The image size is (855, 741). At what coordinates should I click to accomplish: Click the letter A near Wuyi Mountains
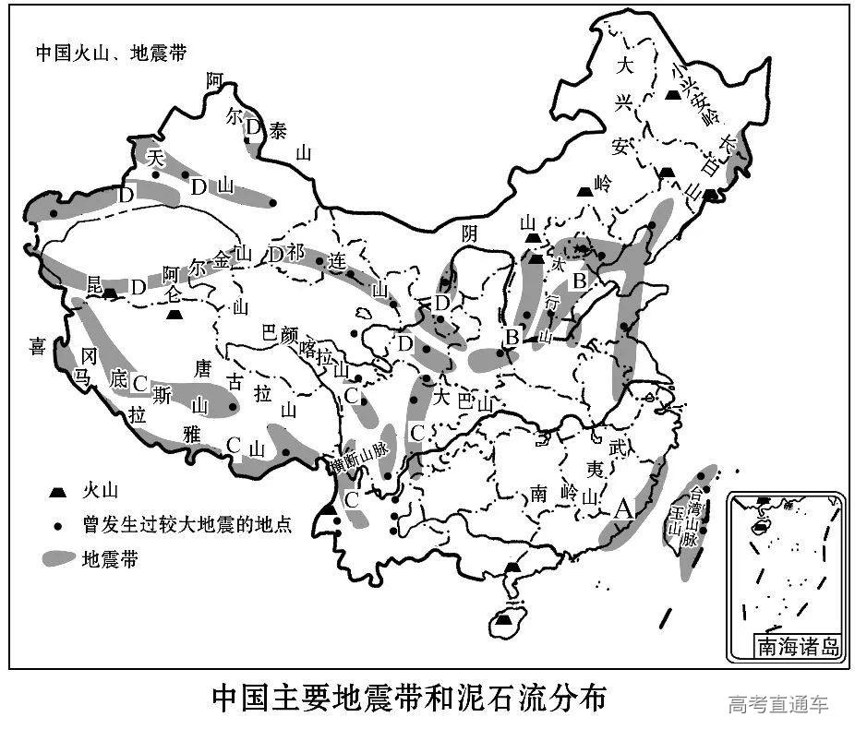(x=624, y=508)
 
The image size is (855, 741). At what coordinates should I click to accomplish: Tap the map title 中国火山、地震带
(x=111, y=53)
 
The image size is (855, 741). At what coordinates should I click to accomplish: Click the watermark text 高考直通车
(x=777, y=705)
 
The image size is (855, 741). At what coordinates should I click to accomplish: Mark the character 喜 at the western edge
(x=37, y=346)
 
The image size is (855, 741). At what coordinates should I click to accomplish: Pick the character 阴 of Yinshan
(x=470, y=233)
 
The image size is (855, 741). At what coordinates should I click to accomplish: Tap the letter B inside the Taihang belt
(x=580, y=281)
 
